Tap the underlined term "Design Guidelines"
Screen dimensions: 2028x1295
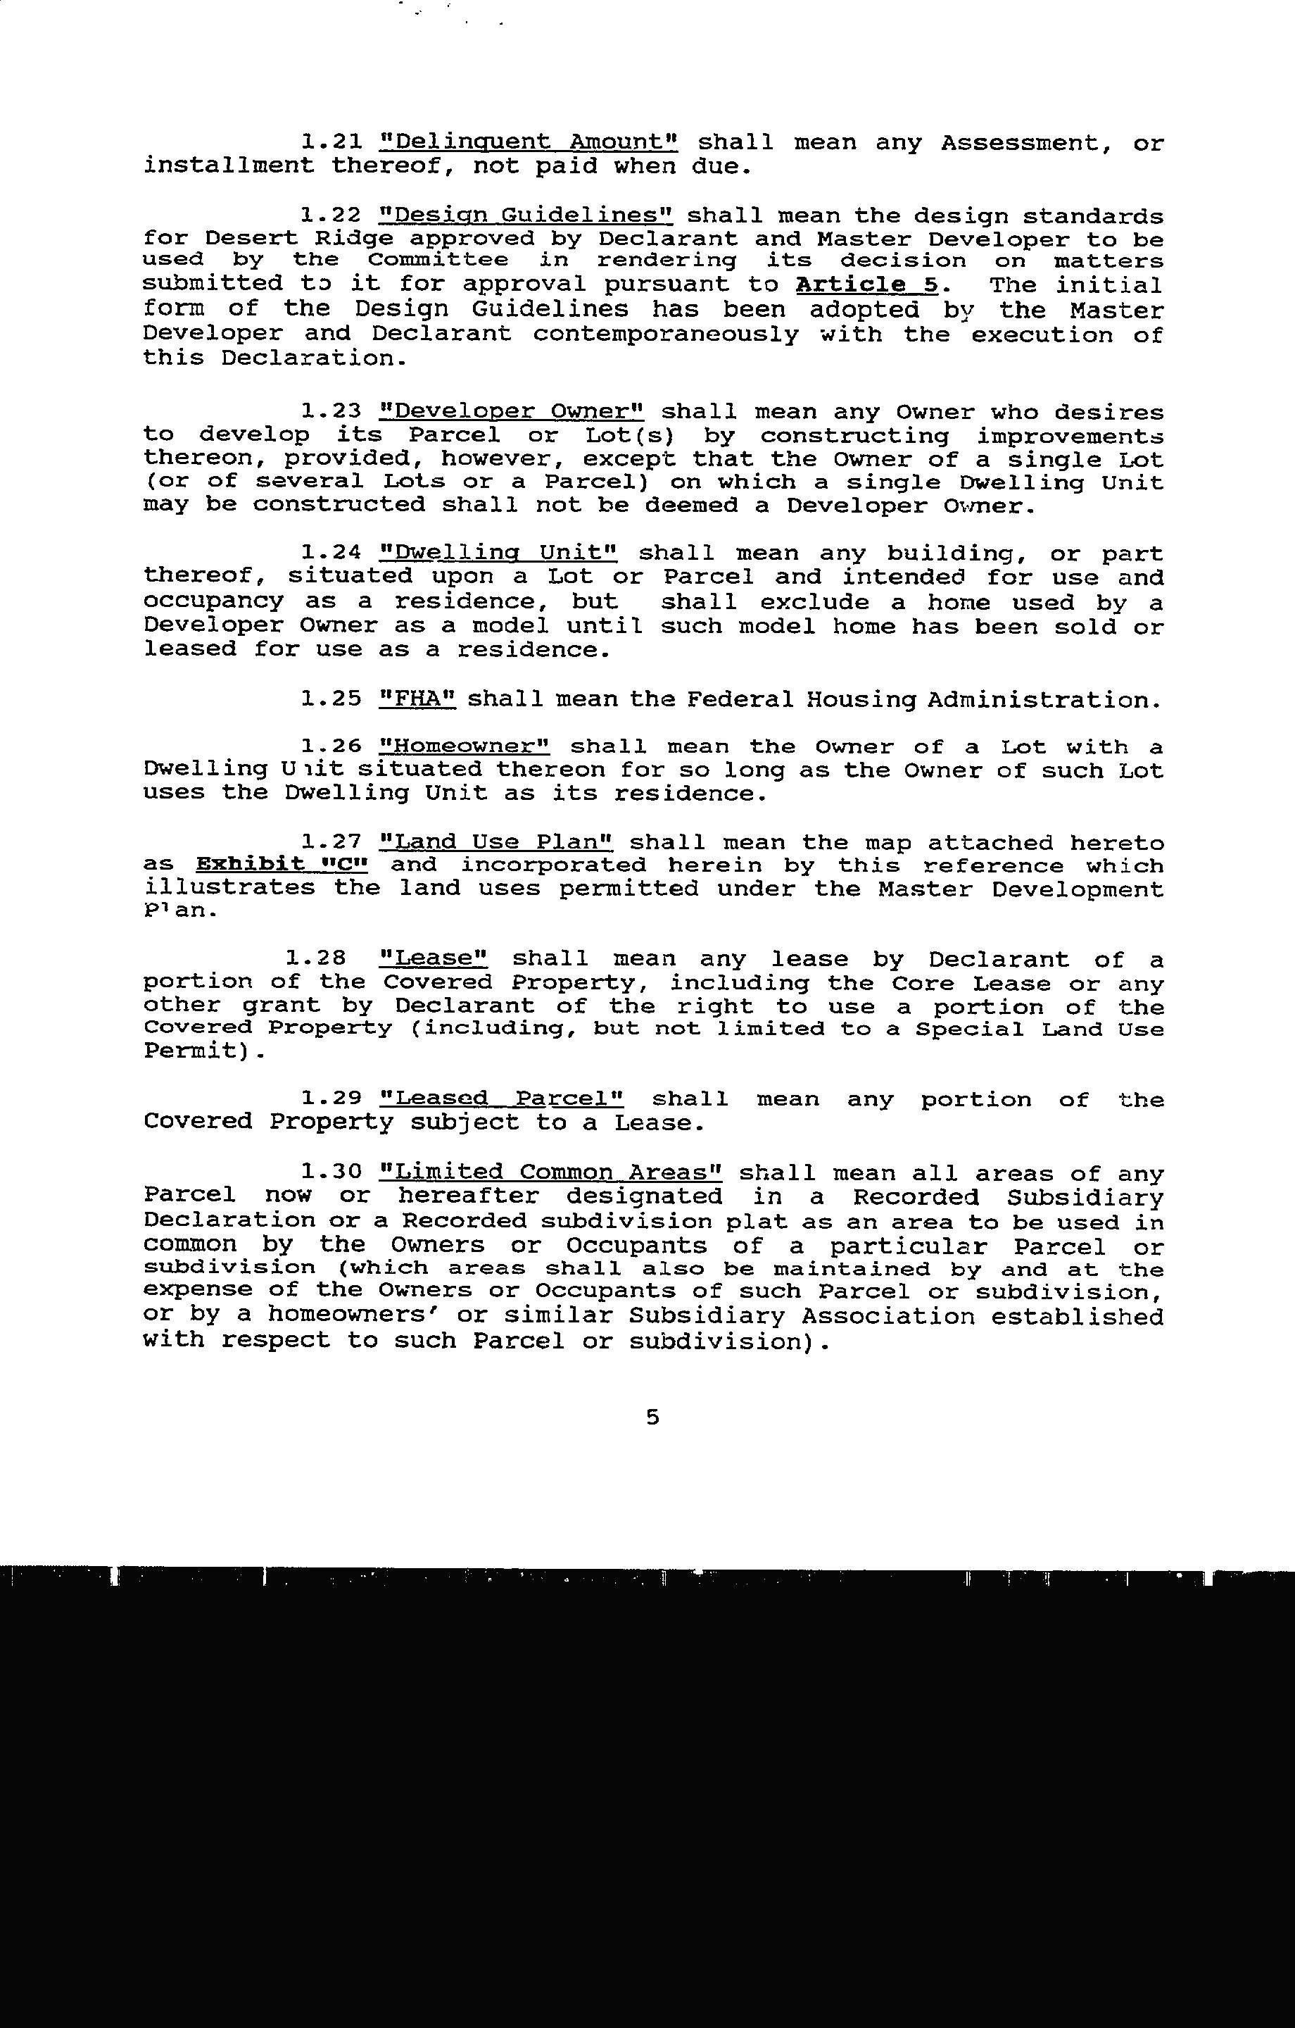click(x=526, y=215)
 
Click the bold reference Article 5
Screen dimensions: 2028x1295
click(x=866, y=284)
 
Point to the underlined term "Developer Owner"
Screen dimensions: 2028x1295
click(x=511, y=412)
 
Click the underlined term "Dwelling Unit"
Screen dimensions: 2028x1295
click(x=498, y=553)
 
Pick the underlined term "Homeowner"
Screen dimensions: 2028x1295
click(x=464, y=747)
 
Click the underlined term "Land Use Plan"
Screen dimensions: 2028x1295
click(x=496, y=843)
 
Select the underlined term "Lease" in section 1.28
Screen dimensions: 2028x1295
click(x=434, y=959)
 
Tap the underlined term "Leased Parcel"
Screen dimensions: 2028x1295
click(x=502, y=1099)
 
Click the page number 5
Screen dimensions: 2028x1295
click(x=652, y=1417)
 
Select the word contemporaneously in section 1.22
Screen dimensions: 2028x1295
click(x=665, y=334)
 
